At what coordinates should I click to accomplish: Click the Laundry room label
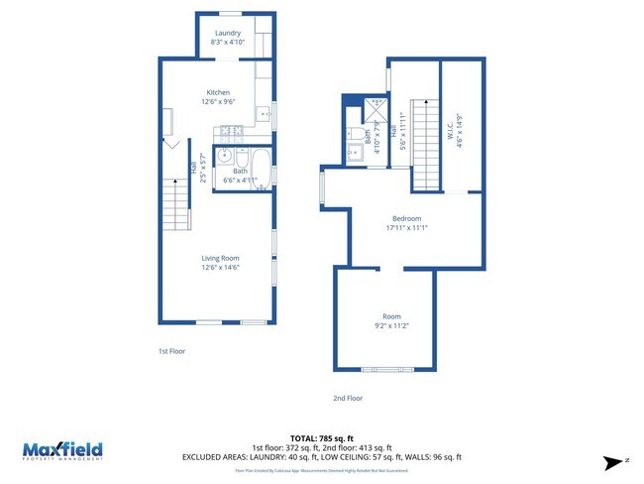click(228, 33)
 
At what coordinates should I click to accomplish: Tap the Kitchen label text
click(218, 91)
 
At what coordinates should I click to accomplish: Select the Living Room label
click(221, 258)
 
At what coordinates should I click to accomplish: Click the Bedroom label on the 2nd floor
click(406, 218)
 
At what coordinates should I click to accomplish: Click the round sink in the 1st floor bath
click(224, 156)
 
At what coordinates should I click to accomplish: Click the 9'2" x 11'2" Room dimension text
click(392, 325)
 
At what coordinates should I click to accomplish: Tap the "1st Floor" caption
click(171, 350)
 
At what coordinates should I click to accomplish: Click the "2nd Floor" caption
click(348, 398)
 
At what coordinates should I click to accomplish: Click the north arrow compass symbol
click(615, 461)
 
